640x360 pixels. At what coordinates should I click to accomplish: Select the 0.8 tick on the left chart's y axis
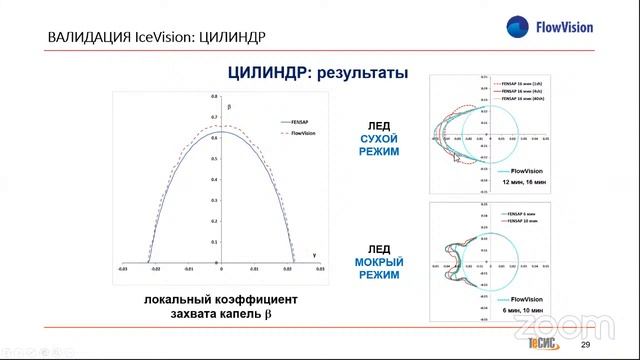click(x=214, y=97)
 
